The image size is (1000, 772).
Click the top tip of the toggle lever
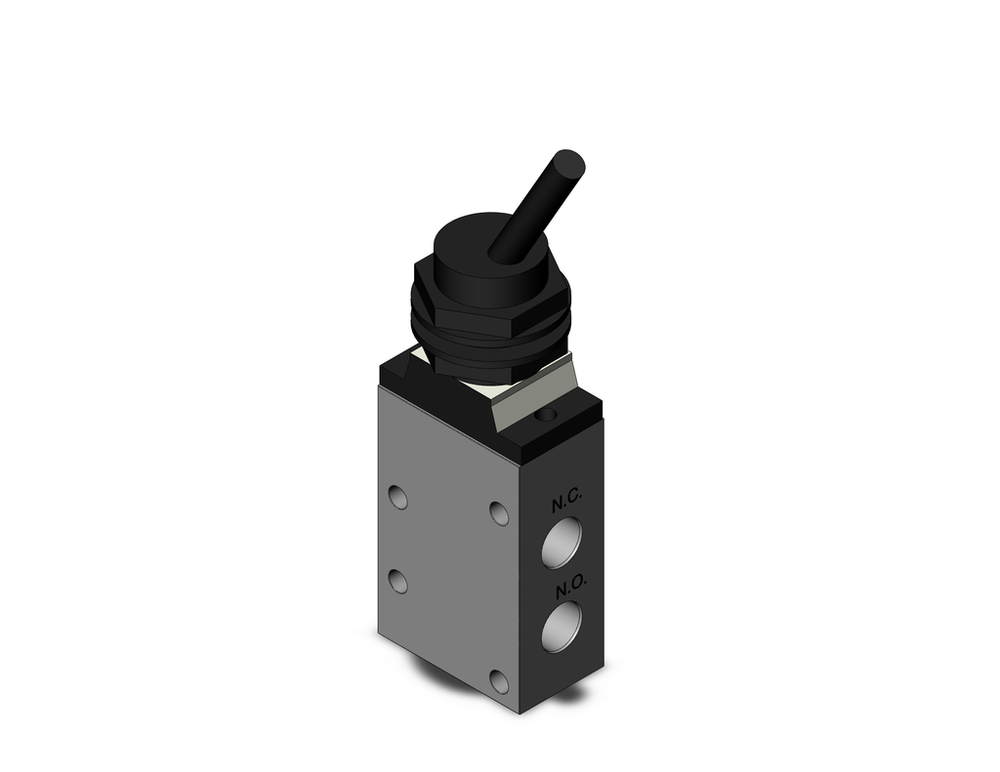[569, 162]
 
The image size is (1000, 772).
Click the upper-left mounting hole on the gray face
[398, 496]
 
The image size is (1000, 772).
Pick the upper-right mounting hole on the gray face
[499, 513]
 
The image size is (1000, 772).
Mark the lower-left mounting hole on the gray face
[398, 581]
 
